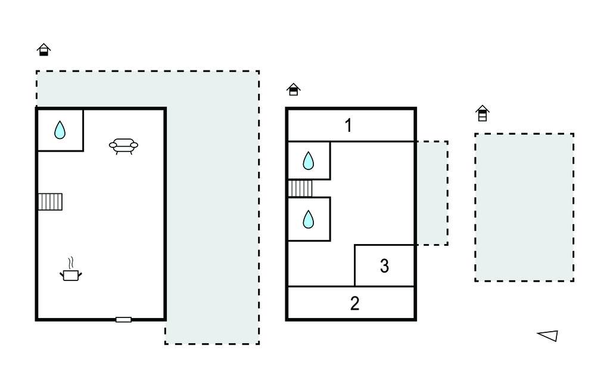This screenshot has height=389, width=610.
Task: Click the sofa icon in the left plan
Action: (123, 146)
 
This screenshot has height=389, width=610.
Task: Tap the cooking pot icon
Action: (71, 275)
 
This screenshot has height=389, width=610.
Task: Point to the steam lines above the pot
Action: (71, 263)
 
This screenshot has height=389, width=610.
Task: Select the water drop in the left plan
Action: (60, 130)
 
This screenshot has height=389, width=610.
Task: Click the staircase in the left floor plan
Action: (50, 202)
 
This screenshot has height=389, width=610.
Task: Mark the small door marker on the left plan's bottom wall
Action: (123, 320)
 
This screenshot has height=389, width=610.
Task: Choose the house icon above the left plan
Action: (44, 50)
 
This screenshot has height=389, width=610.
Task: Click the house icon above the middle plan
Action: (294, 89)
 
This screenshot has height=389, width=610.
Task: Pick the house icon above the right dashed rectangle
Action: (483, 113)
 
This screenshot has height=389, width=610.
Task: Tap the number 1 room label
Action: (348, 125)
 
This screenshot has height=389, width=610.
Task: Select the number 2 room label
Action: (354, 303)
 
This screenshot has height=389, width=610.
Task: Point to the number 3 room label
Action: (384, 266)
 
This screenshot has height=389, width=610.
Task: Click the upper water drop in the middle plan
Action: (309, 160)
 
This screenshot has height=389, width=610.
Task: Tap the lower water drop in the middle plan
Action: (309, 219)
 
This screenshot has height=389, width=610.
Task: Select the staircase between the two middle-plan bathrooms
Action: (300, 189)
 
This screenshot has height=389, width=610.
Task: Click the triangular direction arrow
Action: (548, 335)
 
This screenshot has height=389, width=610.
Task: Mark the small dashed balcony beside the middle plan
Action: (432, 193)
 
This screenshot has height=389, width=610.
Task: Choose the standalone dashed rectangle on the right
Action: (524, 208)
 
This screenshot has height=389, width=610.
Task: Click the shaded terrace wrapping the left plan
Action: (212, 206)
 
